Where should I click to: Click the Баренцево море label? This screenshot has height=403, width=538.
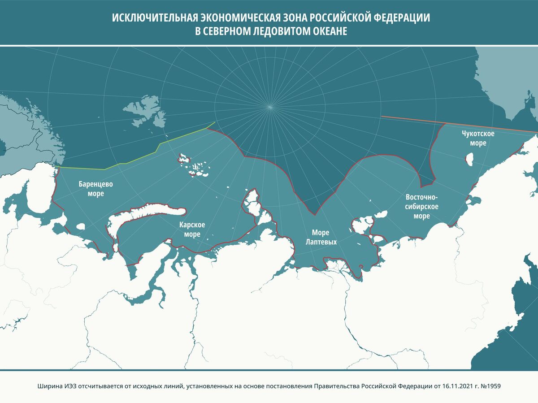tap(95, 189)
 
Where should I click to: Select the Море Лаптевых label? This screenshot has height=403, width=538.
tap(321, 237)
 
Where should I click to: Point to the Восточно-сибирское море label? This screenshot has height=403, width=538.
tap(421, 207)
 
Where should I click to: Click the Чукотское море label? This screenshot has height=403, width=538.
tap(478, 139)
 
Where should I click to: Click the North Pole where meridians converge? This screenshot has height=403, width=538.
tap(270, 106)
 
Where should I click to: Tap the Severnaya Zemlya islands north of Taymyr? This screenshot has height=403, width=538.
tap(252, 202)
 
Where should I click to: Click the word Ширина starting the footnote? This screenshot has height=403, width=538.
tap(47, 386)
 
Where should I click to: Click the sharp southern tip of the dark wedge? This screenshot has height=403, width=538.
tap(315, 214)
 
